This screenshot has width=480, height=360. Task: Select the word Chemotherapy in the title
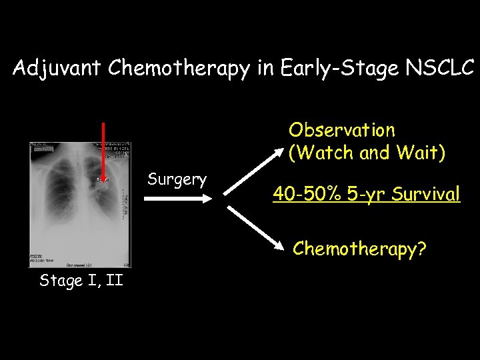[179, 68]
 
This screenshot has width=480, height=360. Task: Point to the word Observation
[341, 130]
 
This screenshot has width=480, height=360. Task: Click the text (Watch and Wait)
[367, 153]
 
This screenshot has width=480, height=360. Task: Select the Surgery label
[177, 179]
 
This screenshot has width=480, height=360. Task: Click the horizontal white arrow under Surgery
[177, 197]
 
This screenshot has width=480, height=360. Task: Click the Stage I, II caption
[81, 280]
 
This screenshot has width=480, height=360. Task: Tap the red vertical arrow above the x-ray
[103, 150]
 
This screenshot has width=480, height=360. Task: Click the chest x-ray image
[79, 204]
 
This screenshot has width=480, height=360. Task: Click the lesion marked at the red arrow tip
[103, 182]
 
